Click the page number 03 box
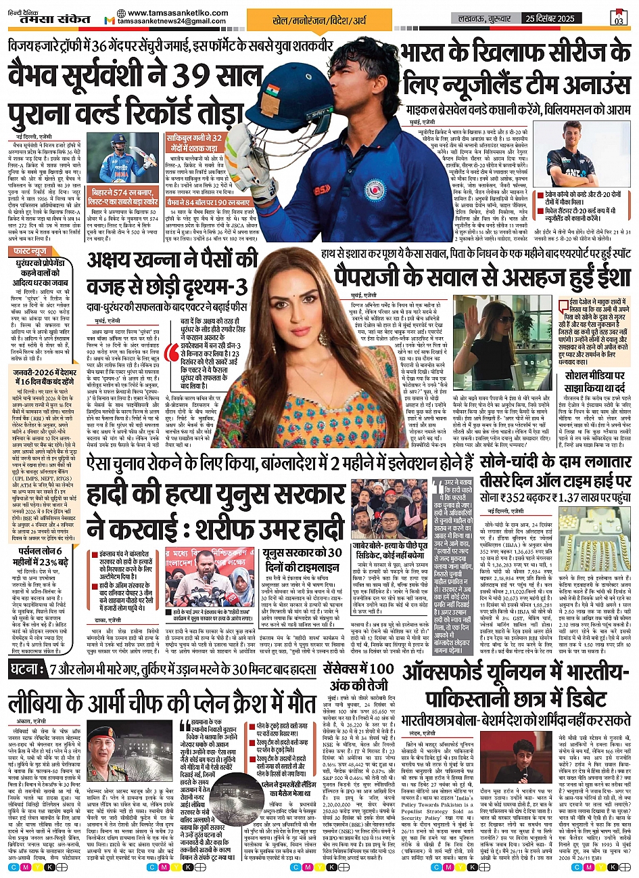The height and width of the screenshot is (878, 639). tap(619, 17)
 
